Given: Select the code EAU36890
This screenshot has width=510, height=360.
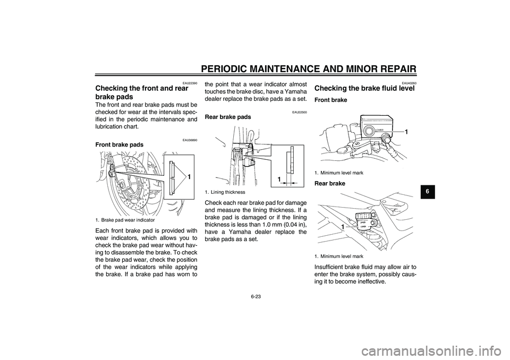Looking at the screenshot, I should pyautogui.click(x=190, y=140).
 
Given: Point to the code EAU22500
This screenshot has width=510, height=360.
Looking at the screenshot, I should pyautogui.click(x=300, y=112).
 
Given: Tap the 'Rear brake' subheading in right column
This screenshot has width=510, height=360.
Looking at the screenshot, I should pyautogui.click(x=329, y=183).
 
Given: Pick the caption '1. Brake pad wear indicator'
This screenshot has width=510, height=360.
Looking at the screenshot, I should pyautogui.click(x=125, y=220).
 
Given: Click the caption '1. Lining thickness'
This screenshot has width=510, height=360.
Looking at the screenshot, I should pyautogui.click(x=225, y=192).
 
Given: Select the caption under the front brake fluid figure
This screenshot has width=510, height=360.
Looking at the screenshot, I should pyautogui.click(x=339, y=173).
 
